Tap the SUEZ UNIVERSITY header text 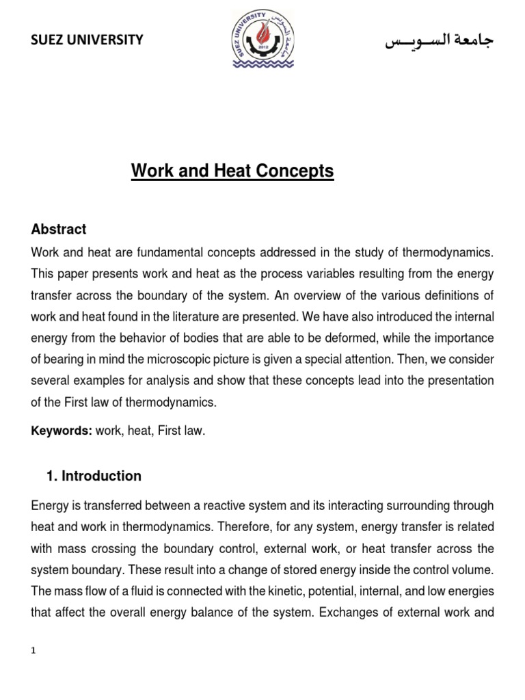[87, 40]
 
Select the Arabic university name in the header [439, 41]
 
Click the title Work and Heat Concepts [232, 171]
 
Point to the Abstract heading [59, 229]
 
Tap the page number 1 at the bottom [34, 651]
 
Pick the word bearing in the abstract [67, 360]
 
